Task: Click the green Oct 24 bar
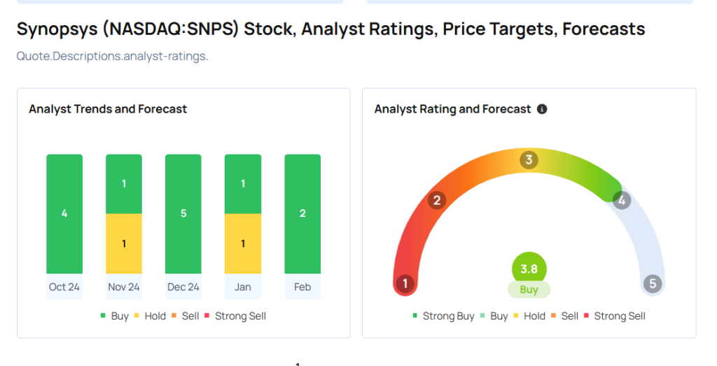point(64,213)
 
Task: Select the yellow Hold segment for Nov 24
point(124,244)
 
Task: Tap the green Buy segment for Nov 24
point(124,183)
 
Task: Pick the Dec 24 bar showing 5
point(183,213)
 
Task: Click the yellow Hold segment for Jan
point(242,244)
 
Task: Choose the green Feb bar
point(302,213)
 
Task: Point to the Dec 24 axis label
point(183,287)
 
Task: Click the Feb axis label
point(302,287)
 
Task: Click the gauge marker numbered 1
point(405,283)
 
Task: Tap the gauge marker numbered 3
point(529,160)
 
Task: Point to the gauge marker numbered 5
point(653,283)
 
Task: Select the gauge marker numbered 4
point(622,201)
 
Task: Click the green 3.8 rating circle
point(529,269)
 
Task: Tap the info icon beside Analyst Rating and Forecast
point(542,109)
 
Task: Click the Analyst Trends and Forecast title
point(108,109)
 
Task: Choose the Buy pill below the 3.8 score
point(529,290)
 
